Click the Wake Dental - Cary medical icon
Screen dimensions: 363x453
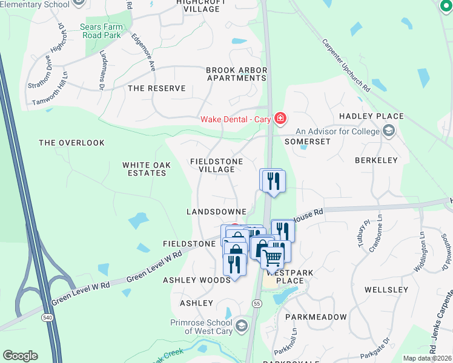pyautogui.click(x=280, y=119)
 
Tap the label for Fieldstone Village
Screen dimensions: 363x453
pyautogui.click(x=216, y=165)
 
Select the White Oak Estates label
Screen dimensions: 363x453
pyautogui.click(x=144, y=169)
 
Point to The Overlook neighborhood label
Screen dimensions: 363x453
pyautogui.click(x=71, y=143)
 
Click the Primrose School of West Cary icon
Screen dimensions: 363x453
pyautogui.click(x=242, y=327)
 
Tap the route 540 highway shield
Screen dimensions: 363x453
pyautogui.click(x=46, y=316)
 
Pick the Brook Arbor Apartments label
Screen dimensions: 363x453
pyautogui.click(x=236, y=74)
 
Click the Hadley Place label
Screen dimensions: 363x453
pyautogui.click(x=371, y=116)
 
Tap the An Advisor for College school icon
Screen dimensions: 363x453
pyautogui.click(x=388, y=131)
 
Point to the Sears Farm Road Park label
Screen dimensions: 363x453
pyautogui.click(x=101, y=31)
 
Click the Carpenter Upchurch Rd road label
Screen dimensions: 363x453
pyautogui.click(x=346, y=65)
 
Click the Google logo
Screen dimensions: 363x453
pyautogui.click(x=20, y=356)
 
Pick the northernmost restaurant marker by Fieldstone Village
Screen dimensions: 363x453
pyautogui.click(x=273, y=180)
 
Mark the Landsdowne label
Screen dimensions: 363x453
pyautogui.click(x=216, y=212)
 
